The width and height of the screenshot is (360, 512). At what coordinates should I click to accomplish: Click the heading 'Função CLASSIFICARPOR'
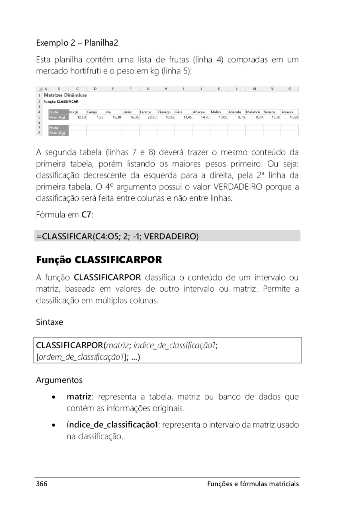[99, 260]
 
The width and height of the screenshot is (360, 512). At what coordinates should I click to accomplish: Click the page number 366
[41, 484]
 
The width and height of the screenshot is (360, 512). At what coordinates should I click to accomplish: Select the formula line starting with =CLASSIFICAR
[117, 236]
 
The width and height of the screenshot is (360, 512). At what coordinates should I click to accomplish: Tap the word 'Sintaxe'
[49, 322]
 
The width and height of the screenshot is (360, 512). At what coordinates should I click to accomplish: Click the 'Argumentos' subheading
[59, 380]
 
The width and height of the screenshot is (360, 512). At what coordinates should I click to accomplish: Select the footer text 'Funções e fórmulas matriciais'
[253, 484]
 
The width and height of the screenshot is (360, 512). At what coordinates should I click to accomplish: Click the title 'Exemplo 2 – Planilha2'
[77, 43]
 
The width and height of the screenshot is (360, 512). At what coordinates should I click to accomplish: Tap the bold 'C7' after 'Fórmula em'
[87, 214]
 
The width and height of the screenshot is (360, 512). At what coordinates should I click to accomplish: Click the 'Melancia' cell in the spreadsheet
[254, 112]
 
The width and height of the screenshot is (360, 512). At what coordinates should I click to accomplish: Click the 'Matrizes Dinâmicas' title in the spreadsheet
[65, 95]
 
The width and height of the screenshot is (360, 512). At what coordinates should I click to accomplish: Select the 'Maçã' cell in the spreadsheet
[74, 112]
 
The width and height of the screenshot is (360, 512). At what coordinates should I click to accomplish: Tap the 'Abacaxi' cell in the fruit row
[200, 112]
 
